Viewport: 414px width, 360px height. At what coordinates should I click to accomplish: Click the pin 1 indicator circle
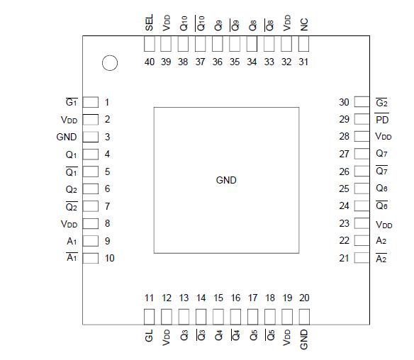[x=109, y=64]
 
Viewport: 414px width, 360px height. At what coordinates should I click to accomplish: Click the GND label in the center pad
[x=226, y=180]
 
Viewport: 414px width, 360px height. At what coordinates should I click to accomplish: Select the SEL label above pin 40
[x=150, y=24]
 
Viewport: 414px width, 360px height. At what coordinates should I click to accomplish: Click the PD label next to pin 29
[x=383, y=120]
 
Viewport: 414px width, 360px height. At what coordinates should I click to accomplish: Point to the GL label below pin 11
[x=150, y=336]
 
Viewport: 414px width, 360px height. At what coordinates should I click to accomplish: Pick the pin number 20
[x=304, y=298]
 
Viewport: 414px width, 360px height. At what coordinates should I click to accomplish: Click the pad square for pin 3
[x=91, y=137]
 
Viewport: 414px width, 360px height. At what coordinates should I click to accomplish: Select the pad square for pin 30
[x=362, y=103]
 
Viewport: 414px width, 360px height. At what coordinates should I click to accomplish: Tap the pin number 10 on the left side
[x=109, y=258]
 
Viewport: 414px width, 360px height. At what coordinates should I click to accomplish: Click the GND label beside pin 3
[x=66, y=137]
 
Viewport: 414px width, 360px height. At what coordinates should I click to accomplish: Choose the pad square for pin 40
[x=150, y=44]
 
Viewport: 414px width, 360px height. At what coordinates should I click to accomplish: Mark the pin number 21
[x=344, y=258]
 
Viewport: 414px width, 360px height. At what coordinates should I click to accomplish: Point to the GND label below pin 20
[x=304, y=339]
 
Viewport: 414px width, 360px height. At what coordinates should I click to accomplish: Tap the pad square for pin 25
[x=362, y=189]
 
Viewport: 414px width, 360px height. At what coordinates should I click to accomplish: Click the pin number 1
[x=107, y=103]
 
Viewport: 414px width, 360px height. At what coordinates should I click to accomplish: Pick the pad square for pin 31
[x=304, y=44]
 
